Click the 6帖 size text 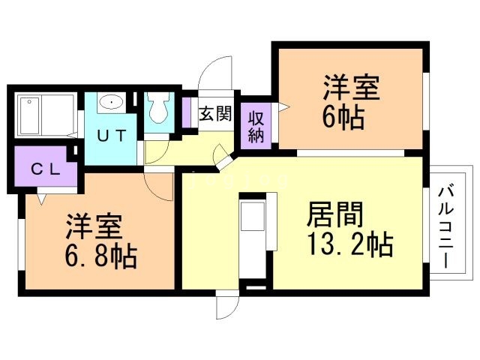point(346,118)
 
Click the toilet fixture point(158,109)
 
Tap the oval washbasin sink point(111,103)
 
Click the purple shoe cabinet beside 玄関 point(186,112)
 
